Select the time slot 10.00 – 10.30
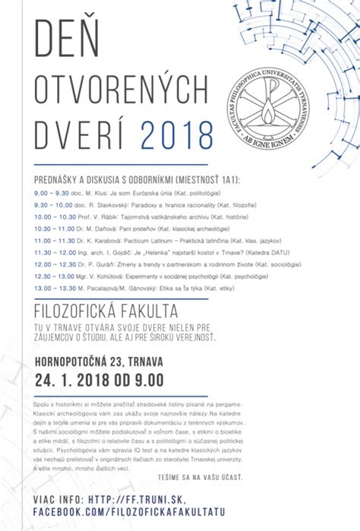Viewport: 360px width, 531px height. (55, 217)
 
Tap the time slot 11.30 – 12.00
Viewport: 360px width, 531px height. (55, 251)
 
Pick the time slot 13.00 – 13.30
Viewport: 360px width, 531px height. (55, 287)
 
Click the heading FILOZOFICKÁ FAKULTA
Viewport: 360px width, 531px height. (106, 312)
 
